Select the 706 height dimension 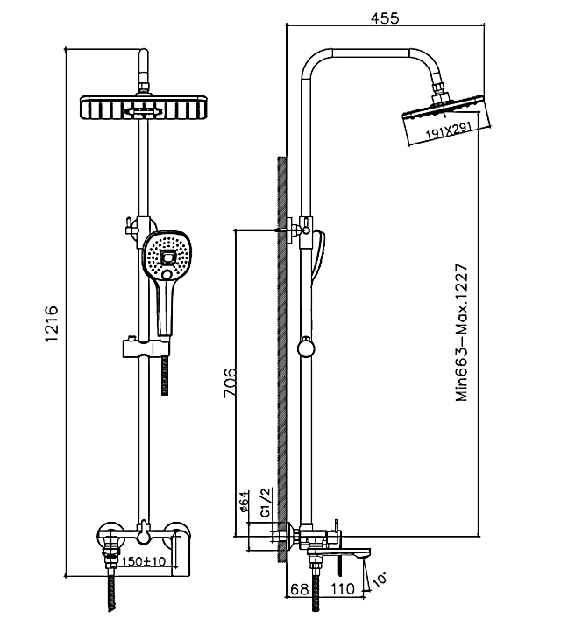click(x=230, y=383)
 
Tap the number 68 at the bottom click(x=299, y=589)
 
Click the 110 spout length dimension click(x=343, y=589)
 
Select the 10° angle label click(x=382, y=579)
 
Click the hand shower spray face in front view click(x=167, y=256)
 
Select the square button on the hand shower click(x=168, y=259)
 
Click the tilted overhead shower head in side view click(x=442, y=121)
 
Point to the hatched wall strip click(x=282, y=350)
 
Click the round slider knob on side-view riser click(x=304, y=349)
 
